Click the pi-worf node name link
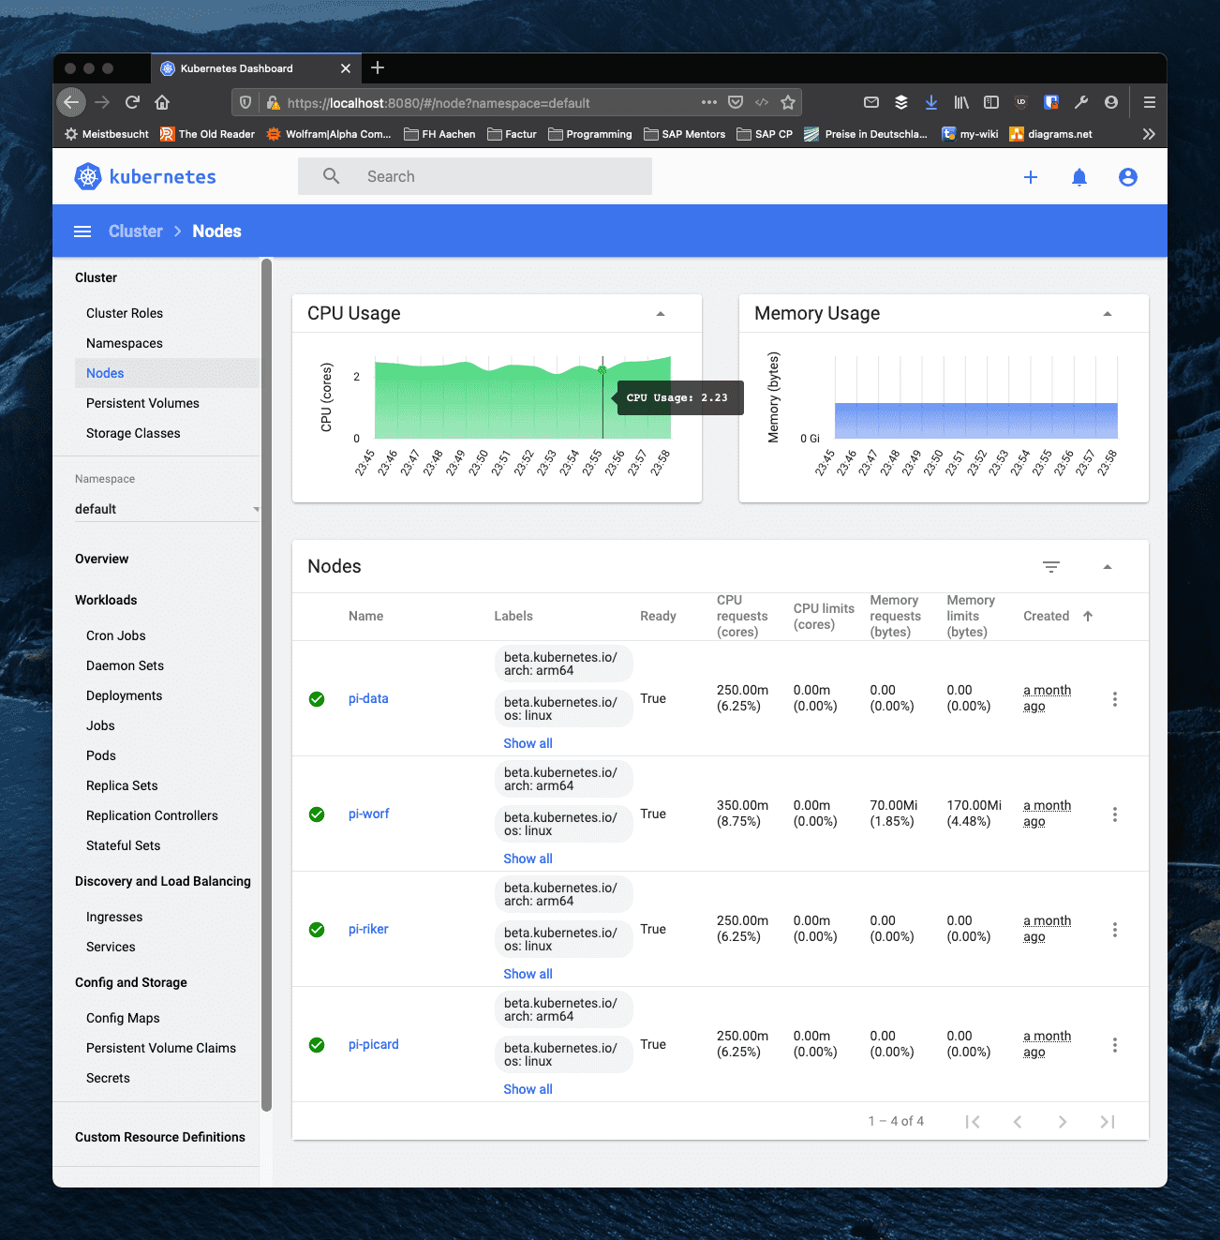(x=368, y=814)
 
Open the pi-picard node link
(x=373, y=1044)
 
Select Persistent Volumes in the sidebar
(x=142, y=403)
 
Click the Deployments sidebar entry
(x=125, y=695)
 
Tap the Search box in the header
(x=474, y=176)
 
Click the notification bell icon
(x=1079, y=177)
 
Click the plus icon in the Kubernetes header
(x=1030, y=177)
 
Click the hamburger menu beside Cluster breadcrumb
(x=82, y=231)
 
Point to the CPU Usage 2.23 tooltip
(x=679, y=397)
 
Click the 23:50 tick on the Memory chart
(x=932, y=463)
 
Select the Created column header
(x=1046, y=616)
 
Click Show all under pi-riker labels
(x=528, y=974)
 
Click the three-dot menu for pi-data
(x=1114, y=699)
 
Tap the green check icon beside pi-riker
(x=317, y=929)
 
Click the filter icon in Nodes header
(x=1050, y=566)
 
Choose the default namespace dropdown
(x=167, y=509)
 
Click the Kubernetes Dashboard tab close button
(x=346, y=68)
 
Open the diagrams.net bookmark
(x=1050, y=134)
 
